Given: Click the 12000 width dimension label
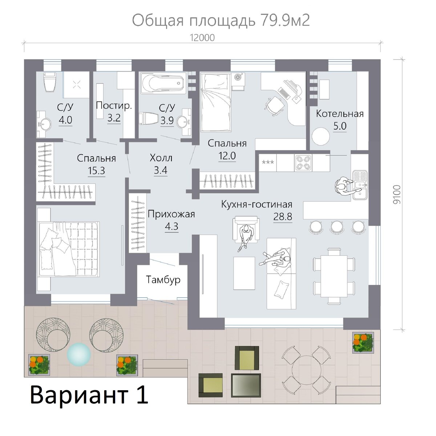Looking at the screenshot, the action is pyautogui.click(x=202, y=38).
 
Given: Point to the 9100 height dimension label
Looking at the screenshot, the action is pyautogui.click(x=397, y=195).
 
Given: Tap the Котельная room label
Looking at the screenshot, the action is pyautogui.click(x=340, y=114).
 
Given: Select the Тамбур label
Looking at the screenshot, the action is pyautogui.click(x=163, y=280).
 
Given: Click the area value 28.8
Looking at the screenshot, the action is pyautogui.click(x=283, y=217).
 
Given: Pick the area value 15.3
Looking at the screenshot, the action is pyautogui.click(x=96, y=171).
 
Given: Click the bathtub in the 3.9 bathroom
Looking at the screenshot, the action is pyautogui.click(x=163, y=83).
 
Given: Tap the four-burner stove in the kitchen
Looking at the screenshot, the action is pyautogui.click(x=303, y=163).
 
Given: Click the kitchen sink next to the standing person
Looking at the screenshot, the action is pyautogui.click(x=360, y=185).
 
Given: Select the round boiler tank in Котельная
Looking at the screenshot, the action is pyautogui.click(x=320, y=136).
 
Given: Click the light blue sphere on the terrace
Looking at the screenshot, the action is pyautogui.click(x=79, y=354).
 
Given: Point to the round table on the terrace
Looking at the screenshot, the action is pyautogui.click(x=306, y=370).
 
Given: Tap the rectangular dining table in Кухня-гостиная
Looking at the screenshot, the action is pyautogui.click(x=334, y=276).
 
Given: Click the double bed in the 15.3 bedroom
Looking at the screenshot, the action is pyautogui.click(x=69, y=249).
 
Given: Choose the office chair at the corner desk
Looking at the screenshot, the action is pyautogui.click(x=274, y=105).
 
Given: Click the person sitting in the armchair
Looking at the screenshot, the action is pyautogui.click(x=246, y=237).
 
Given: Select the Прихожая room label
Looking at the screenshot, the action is pyautogui.click(x=171, y=214).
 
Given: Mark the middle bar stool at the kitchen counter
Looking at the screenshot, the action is pyautogui.click(x=336, y=227).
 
